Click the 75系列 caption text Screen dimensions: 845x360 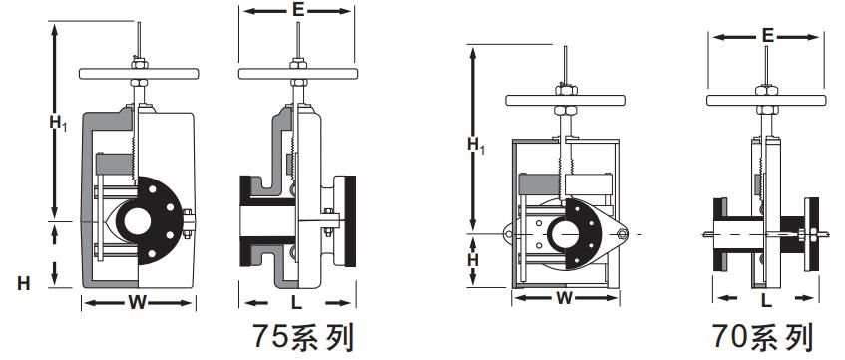click(x=304, y=337)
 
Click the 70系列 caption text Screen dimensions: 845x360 click(x=763, y=337)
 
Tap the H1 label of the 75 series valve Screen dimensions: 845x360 click(x=58, y=124)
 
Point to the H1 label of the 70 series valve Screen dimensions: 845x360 click(x=475, y=145)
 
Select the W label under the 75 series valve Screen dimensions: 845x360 click(x=138, y=303)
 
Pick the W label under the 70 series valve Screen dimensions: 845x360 click(x=565, y=298)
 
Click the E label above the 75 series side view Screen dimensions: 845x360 click(x=298, y=10)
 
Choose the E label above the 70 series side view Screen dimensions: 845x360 click(x=768, y=36)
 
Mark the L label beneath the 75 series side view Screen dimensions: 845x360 click(x=296, y=303)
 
